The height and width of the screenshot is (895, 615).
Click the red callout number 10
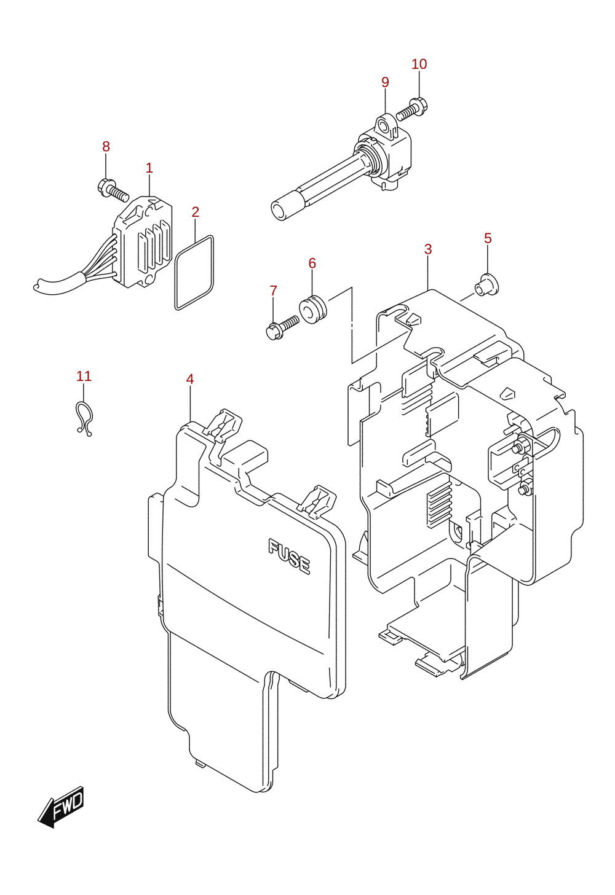tap(419, 64)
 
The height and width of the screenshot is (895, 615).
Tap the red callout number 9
tap(385, 82)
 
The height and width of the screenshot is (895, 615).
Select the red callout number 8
tap(106, 147)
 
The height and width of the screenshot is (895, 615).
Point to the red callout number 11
tap(84, 376)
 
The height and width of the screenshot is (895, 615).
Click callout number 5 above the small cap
tap(488, 238)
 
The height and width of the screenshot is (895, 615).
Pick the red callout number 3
tap(428, 249)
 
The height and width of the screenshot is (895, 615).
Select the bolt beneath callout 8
tap(113, 190)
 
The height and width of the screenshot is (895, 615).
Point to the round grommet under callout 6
tap(313, 309)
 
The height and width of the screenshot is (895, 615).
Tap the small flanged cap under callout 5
tap(486, 284)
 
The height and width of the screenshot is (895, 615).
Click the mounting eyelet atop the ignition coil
tap(386, 127)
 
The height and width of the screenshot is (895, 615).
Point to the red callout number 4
tap(189, 379)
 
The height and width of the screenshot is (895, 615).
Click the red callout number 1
tap(149, 168)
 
